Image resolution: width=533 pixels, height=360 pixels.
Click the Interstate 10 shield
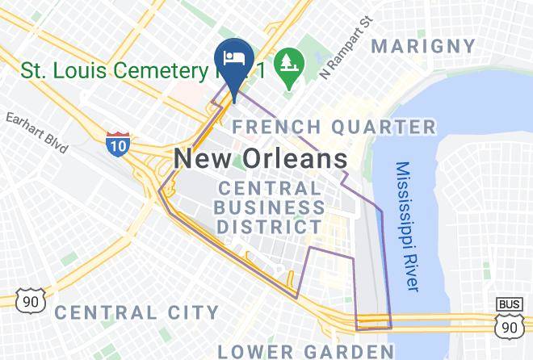click(117, 144)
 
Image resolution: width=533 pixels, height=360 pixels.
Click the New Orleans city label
click(261, 157)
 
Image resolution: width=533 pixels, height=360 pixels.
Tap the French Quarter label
click(334, 127)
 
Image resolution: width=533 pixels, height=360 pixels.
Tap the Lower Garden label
click(305, 350)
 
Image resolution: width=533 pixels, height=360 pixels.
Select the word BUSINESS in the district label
click(271, 207)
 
